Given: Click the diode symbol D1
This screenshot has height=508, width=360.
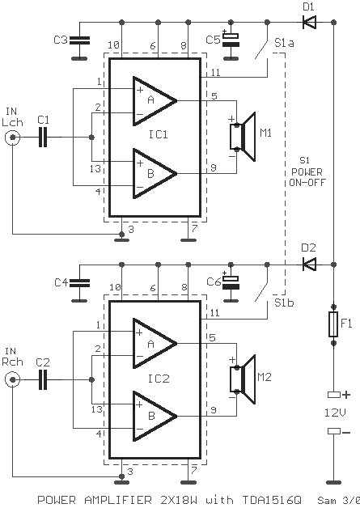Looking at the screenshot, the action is point(310,23).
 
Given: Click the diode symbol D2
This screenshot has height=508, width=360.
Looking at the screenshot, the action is point(310,265).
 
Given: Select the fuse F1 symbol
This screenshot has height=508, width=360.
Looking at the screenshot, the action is point(334,324).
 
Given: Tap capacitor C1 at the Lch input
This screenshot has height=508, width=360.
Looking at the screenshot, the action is point(43,137).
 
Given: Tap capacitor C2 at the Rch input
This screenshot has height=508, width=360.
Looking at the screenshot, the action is point(43,379).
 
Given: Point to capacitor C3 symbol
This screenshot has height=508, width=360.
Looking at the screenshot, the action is point(80,40).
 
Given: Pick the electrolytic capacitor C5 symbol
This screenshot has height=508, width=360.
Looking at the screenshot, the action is point(231,40).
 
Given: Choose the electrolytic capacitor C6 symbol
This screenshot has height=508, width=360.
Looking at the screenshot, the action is point(231,282).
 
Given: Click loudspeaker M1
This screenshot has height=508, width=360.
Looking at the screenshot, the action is point(243,137).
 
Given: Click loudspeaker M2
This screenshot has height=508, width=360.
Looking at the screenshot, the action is point(243,379).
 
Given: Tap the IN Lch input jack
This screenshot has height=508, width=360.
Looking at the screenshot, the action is point(13,138).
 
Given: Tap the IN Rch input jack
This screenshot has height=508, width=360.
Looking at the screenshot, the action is point(13,379).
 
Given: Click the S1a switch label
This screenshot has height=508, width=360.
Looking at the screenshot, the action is point(284,43).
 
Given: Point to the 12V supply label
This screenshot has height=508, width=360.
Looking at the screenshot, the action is point(335,413).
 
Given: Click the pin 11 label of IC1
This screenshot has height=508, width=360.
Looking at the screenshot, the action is point(215,72).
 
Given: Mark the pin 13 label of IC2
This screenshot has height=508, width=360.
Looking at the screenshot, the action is point(96,409).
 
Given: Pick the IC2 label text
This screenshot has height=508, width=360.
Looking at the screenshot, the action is point(159,379).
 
